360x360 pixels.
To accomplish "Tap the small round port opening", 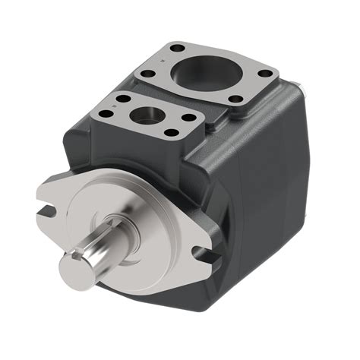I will coord(145,117).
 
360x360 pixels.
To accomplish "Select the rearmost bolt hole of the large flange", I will coord(178,49).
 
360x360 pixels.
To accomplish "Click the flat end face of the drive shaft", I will coord(75,265).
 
